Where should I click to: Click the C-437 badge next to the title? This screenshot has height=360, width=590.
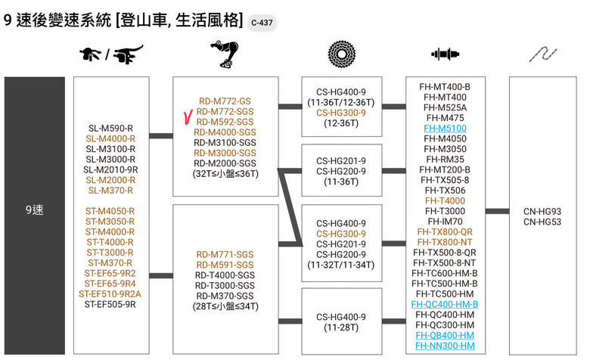point(262,23)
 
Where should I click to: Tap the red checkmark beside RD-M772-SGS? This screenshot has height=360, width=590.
point(188,116)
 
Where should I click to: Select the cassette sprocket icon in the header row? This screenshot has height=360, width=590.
point(341,54)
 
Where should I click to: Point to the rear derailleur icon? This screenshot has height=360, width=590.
point(225,54)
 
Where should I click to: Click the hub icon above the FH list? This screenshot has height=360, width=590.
point(445,54)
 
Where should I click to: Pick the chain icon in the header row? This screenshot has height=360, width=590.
point(543,54)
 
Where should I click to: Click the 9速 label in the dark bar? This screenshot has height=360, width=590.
point(35,210)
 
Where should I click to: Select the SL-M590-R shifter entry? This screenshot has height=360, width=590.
point(110,129)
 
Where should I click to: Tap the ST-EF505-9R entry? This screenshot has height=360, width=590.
point(110,304)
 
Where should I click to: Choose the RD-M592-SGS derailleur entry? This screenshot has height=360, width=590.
point(225,122)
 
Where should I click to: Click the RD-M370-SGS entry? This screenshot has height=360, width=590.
point(225,296)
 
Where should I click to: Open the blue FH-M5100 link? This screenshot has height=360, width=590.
point(445,129)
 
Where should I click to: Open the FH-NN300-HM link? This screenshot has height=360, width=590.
point(445,346)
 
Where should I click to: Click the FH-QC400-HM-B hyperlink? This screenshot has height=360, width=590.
point(445,304)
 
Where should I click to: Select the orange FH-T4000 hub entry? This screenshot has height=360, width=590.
point(445,201)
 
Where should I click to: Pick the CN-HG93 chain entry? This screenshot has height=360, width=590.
point(542,212)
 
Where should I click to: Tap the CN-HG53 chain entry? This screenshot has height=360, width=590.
point(542,222)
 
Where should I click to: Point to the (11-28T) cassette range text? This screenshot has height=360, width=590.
point(341,327)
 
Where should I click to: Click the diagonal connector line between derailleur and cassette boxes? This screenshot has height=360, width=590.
point(290,208)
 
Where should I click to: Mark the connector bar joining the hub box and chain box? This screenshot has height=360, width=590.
point(497,212)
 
